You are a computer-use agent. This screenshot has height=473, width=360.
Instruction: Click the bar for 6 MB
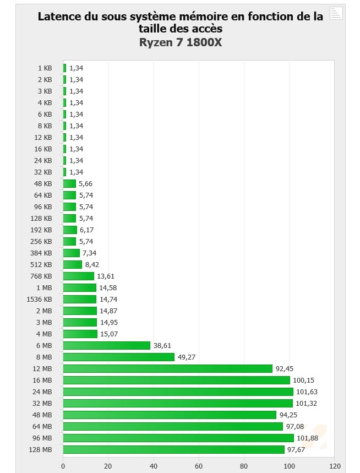coord(107,346)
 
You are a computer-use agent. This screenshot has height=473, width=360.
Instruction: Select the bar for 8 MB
coord(119,357)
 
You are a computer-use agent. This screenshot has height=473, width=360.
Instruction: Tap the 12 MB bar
coord(168,369)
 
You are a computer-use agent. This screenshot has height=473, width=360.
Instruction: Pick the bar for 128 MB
coord(174,449)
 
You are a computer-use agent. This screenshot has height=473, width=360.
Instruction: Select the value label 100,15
coord(304,380)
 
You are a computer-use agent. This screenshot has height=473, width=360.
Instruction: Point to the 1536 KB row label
coord(39,300)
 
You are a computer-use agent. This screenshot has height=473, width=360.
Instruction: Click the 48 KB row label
coord(42,184)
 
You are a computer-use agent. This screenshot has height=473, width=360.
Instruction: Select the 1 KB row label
coord(45,68)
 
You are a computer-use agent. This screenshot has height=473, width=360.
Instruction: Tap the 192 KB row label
coord(41,230)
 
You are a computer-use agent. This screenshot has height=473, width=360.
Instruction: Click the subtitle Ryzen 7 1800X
coord(180,42)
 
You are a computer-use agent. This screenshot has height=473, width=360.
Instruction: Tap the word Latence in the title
coord(59,17)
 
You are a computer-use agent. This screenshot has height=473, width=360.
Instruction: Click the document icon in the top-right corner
coord(336,13)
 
